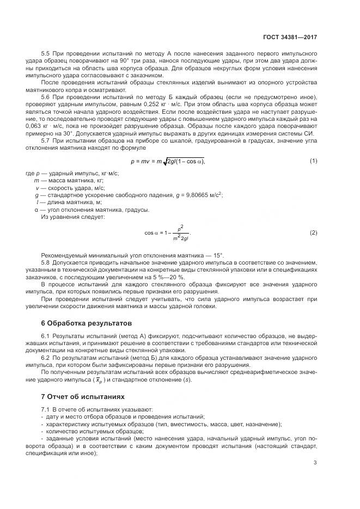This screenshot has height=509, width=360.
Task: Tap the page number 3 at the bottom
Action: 315,463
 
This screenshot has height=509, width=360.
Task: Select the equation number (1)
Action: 314,161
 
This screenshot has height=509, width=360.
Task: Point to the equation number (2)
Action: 314,233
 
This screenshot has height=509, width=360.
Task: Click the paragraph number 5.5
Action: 46,54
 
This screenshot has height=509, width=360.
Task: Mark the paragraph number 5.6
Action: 46,96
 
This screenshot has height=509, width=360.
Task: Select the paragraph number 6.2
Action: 46,359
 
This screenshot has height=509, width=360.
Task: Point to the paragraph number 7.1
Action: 46,409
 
